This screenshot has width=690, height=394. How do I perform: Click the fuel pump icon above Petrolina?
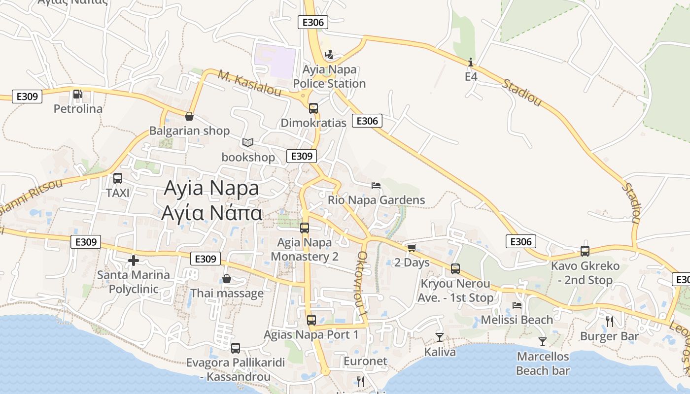point(77,94)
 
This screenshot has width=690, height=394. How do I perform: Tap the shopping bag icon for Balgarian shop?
point(189,116)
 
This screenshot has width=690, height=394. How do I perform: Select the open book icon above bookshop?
point(247,143)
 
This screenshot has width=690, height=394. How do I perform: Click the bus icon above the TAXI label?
point(117,178)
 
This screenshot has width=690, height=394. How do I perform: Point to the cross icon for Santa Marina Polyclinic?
point(133,261)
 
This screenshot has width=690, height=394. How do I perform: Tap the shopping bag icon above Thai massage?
point(227,279)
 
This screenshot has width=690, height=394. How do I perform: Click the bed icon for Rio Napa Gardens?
point(376,186)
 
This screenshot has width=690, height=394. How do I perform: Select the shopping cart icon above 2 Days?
point(412,248)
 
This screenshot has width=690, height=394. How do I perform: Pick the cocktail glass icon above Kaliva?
point(439,337)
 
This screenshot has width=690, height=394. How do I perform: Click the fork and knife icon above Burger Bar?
point(610,322)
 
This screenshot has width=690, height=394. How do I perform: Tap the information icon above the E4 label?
point(471,63)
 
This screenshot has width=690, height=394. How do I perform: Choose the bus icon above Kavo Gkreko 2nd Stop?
point(585,251)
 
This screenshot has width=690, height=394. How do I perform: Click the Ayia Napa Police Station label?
point(329,77)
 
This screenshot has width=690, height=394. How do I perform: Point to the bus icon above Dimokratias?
point(313,108)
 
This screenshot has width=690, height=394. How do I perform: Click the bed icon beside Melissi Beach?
point(517,305)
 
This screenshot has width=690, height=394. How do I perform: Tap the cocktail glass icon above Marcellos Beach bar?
point(543,341)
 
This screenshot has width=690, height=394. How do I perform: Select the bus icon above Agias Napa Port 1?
point(311,320)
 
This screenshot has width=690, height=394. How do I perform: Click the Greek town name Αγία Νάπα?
point(211,213)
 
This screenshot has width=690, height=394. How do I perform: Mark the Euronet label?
point(365,361)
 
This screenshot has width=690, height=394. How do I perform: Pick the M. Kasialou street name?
point(249,84)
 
